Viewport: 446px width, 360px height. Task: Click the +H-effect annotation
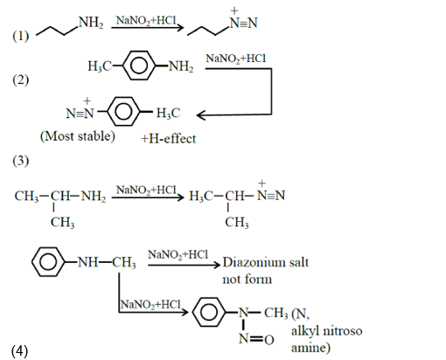point(168,138)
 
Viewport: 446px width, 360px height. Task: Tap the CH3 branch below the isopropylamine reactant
point(62,223)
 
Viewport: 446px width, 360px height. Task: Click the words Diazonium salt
point(266,262)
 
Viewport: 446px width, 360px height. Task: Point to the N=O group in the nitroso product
point(255,338)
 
